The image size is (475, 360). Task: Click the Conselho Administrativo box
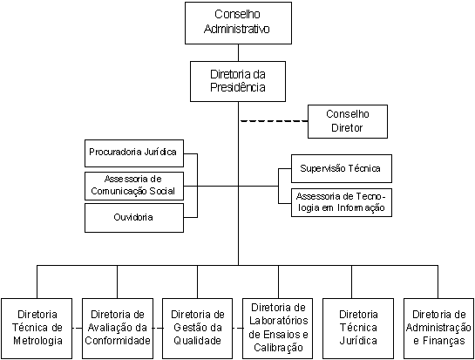tap(238, 23)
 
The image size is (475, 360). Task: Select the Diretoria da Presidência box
tap(238, 81)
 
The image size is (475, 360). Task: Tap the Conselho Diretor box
tap(348, 121)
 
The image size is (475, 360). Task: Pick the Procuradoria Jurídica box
tap(134, 153)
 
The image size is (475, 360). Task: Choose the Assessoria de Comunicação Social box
tap(134, 186)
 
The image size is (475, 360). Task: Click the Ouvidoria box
tap(134, 218)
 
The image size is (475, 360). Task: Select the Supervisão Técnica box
tap(342, 168)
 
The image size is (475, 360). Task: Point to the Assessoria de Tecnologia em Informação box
tap(342, 202)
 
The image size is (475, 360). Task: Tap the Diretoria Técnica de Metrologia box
tap(37, 329)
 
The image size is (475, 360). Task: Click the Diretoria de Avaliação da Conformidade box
tap(118, 329)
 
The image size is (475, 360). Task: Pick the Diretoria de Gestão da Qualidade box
tap(197, 329)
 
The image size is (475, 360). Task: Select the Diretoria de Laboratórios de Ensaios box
tap(278, 329)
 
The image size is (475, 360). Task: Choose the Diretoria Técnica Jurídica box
tap(358, 329)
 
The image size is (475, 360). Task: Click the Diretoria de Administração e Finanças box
tap(438, 329)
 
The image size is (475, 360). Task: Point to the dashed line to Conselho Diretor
tap(275, 121)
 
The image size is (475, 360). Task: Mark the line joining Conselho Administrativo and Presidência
tap(238, 52)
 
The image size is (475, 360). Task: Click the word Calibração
tap(278, 347)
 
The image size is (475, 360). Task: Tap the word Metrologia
tap(37, 340)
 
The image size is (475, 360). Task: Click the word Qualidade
tap(197, 340)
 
